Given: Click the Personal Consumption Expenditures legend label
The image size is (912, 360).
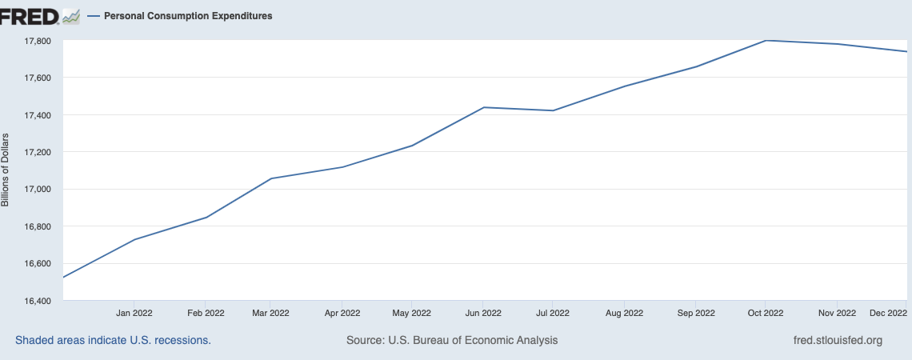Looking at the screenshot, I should [x=188, y=15].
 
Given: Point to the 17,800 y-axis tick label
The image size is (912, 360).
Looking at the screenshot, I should [x=34, y=41].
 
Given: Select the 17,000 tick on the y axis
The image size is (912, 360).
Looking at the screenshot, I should [x=34, y=190].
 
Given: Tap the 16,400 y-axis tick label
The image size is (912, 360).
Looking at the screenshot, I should [x=34, y=301].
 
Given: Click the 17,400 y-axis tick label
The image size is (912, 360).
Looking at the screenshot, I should [x=34, y=115].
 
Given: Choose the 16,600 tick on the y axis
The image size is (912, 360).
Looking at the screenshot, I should [x=34, y=264].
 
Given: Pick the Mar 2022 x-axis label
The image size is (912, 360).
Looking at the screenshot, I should [x=270, y=313].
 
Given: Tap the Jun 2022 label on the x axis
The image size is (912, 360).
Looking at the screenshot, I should [x=483, y=313].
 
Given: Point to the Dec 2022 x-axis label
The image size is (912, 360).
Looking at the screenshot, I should [x=887, y=313].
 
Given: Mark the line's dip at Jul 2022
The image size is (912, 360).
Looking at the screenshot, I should [x=553, y=110].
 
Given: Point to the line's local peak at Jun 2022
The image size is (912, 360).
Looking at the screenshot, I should [x=483, y=107].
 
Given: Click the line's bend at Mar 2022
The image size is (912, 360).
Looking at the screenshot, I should [x=270, y=178].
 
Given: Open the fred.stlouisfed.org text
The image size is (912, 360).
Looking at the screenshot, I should [x=836, y=340].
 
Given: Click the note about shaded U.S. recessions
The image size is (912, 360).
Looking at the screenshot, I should [x=113, y=340].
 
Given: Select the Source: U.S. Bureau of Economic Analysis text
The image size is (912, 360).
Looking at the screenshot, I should [x=452, y=340].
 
